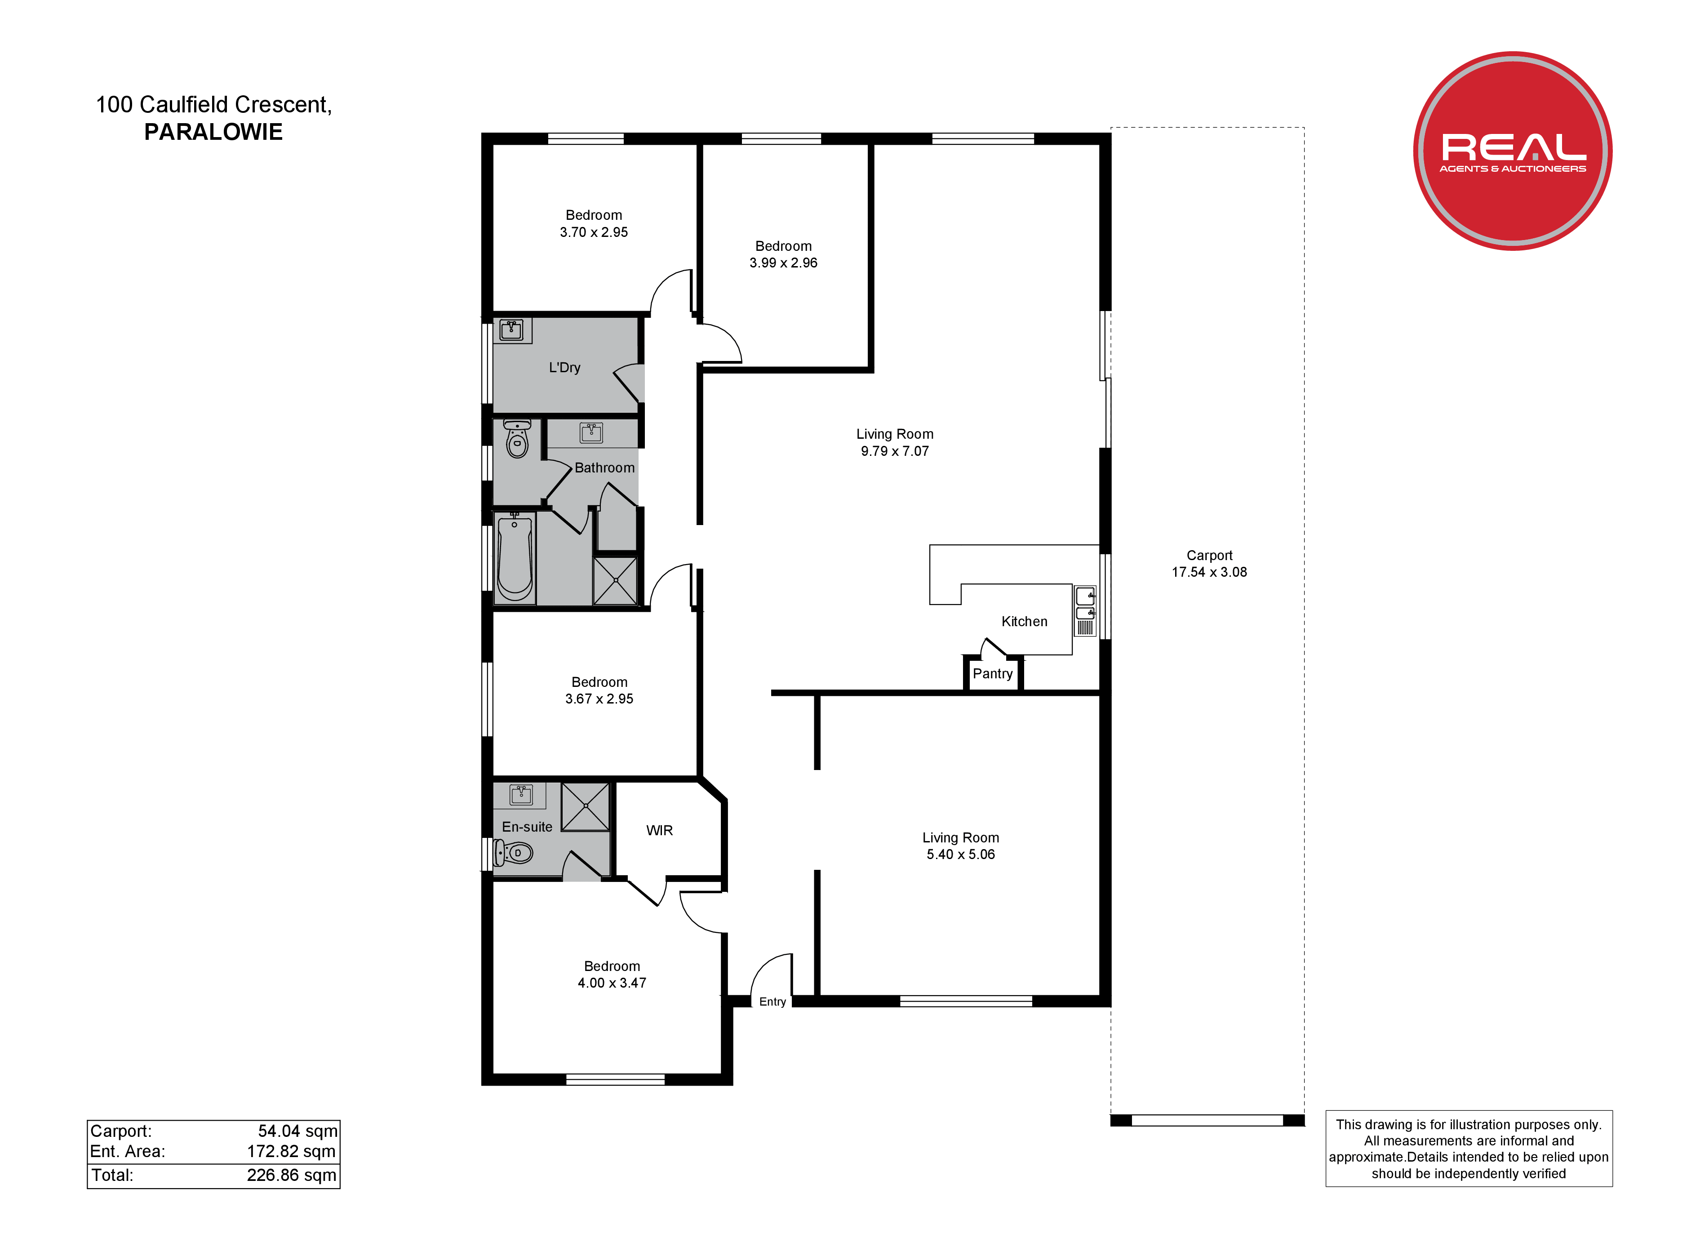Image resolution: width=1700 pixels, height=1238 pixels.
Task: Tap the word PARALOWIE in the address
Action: (213, 132)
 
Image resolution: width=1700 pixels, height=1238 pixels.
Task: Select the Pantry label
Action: (992, 673)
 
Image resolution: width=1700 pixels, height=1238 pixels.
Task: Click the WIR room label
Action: (660, 830)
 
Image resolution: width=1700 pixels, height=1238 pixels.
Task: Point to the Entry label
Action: (773, 1002)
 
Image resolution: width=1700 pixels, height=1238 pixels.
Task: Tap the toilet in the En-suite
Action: (514, 853)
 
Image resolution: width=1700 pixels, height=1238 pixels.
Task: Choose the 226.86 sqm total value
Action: (292, 1175)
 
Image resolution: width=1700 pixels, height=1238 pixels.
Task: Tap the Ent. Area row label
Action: (128, 1152)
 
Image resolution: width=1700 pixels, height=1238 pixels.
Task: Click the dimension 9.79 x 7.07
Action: (895, 451)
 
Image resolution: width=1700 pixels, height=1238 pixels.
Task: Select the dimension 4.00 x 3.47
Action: (612, 983)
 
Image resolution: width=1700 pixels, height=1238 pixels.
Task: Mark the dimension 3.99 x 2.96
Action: (783, 263)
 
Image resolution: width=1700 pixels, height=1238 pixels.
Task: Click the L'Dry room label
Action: (564, 367)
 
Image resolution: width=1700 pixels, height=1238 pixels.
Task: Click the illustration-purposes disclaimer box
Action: (1469, 1149)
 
